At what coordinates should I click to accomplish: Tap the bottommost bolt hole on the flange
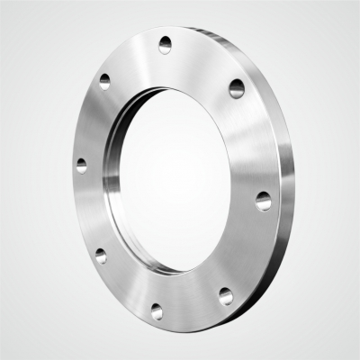[157, 310]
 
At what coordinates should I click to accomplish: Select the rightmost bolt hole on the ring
[263, 201]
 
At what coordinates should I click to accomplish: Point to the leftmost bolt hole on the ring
[82, 166]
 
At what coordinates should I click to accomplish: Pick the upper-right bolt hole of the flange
[237, 87]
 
